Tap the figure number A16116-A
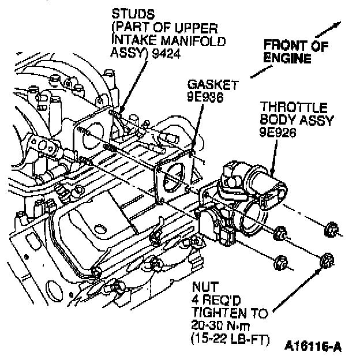click(314, 348)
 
